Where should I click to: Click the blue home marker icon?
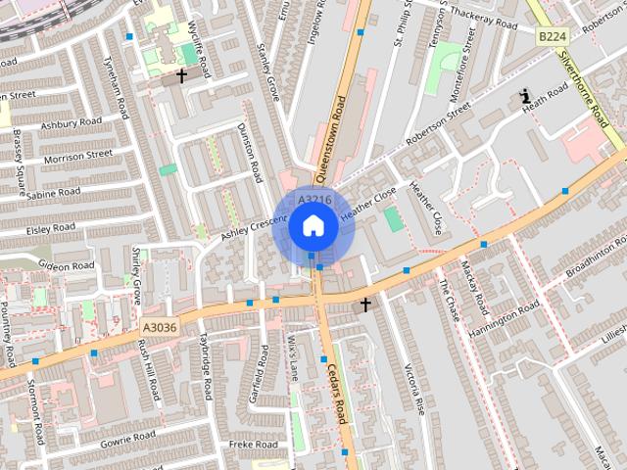pyautogui.click(x=313, y=226)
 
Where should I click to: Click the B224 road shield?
pyautogui.click(x=554, y=35)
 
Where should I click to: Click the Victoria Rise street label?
pyautogui.click(x=412, y=387)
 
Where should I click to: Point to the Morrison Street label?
pyautogui.click(x=77, y=155)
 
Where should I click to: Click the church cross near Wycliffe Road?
pyautogui.click(x=181, y=74)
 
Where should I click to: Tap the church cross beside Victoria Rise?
pyautogui.click(x=365, y=305)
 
